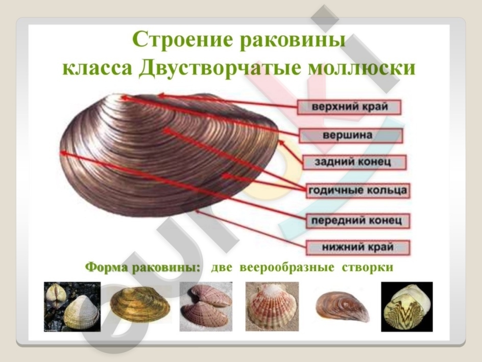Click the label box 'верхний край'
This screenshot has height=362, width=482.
[349, 107]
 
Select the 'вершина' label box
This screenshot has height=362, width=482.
[351, 136]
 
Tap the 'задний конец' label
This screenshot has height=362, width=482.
[354, 162]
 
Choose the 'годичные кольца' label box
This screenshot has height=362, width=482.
[358, 190]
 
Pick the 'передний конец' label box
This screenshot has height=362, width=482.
[358, 221]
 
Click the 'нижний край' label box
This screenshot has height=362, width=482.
[358, 247]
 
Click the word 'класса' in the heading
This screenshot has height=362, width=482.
[98, 68]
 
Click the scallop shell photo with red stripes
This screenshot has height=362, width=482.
[272, 306]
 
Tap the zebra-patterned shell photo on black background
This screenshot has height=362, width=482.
[406, 306]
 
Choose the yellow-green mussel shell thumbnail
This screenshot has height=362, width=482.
[140, 304]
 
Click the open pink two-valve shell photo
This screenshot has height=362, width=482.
[206, 306]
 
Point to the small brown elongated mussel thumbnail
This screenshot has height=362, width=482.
[342, 306]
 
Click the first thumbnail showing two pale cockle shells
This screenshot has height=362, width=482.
[72, 306]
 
